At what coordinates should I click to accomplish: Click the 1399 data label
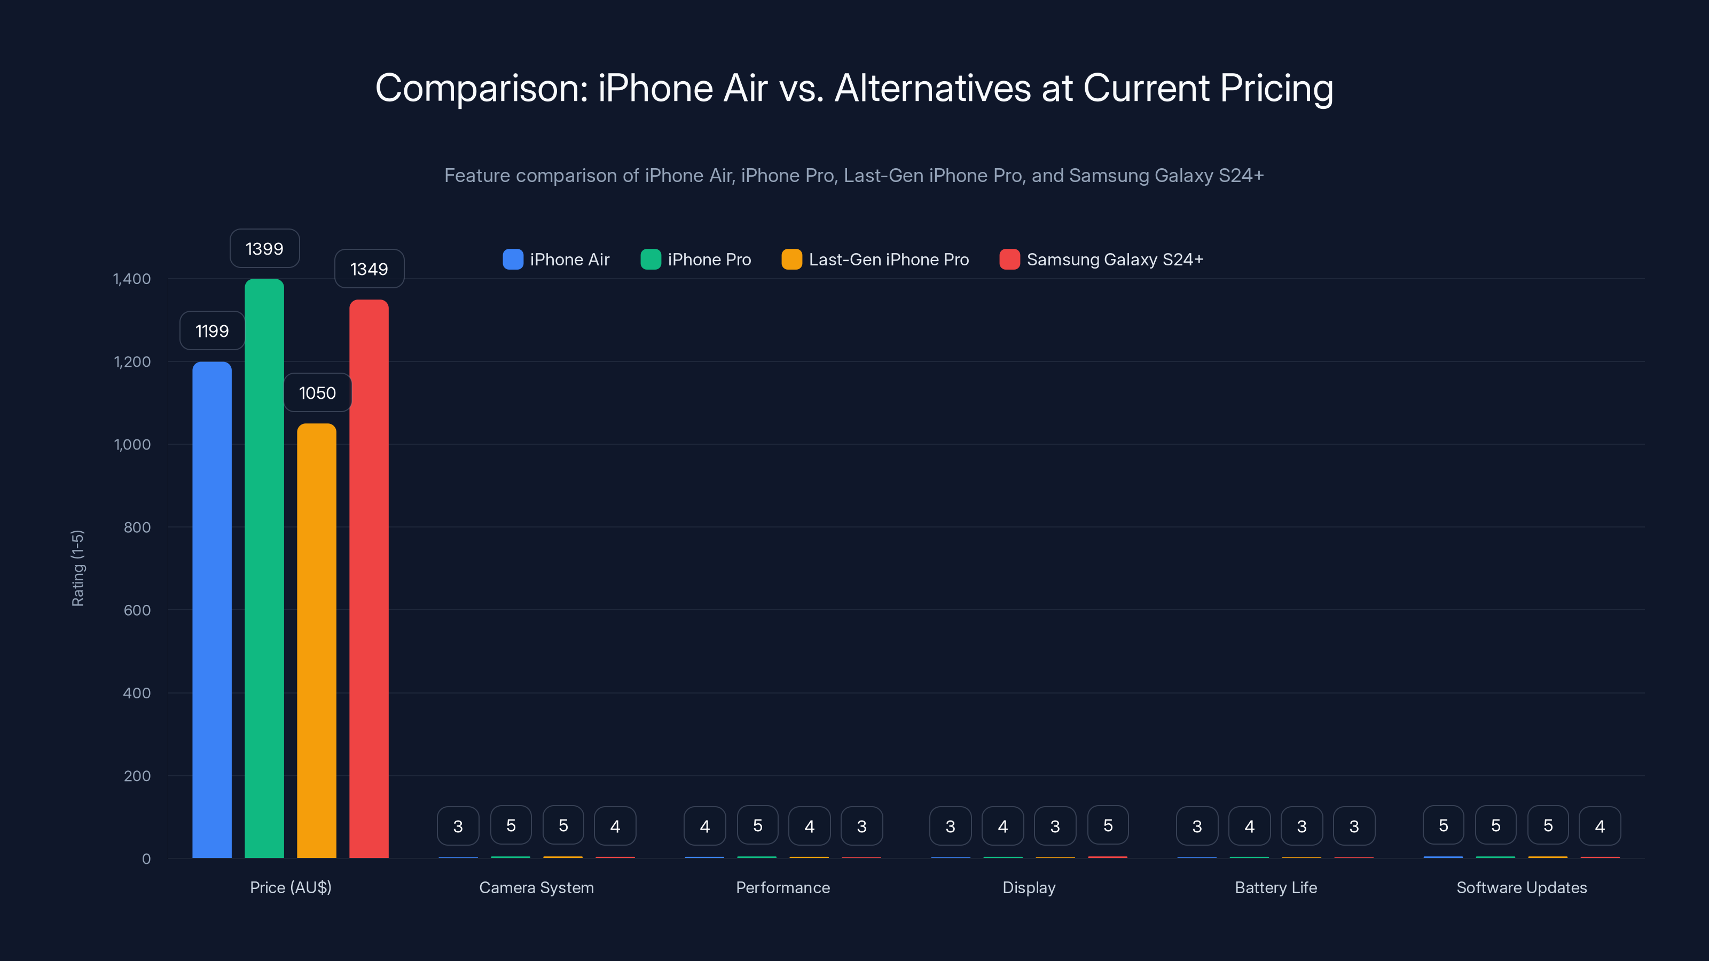pos(264,249)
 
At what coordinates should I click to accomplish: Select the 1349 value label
pos(369,269)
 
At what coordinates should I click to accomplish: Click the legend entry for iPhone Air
pos(556,259)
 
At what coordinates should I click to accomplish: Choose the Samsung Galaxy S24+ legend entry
pos(1101,259)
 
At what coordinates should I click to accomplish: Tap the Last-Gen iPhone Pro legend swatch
pos(791,259)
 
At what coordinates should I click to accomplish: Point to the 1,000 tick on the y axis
pos(132,444)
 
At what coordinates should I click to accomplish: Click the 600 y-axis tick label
pos(137,610)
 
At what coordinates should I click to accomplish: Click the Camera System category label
pos(536,887)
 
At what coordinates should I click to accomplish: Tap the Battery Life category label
pos(1275,887)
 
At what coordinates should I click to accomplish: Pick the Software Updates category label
pos(1521,887)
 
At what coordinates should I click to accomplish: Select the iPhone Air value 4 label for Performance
pos(704,826)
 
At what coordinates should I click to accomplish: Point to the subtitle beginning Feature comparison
pos(854,175)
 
